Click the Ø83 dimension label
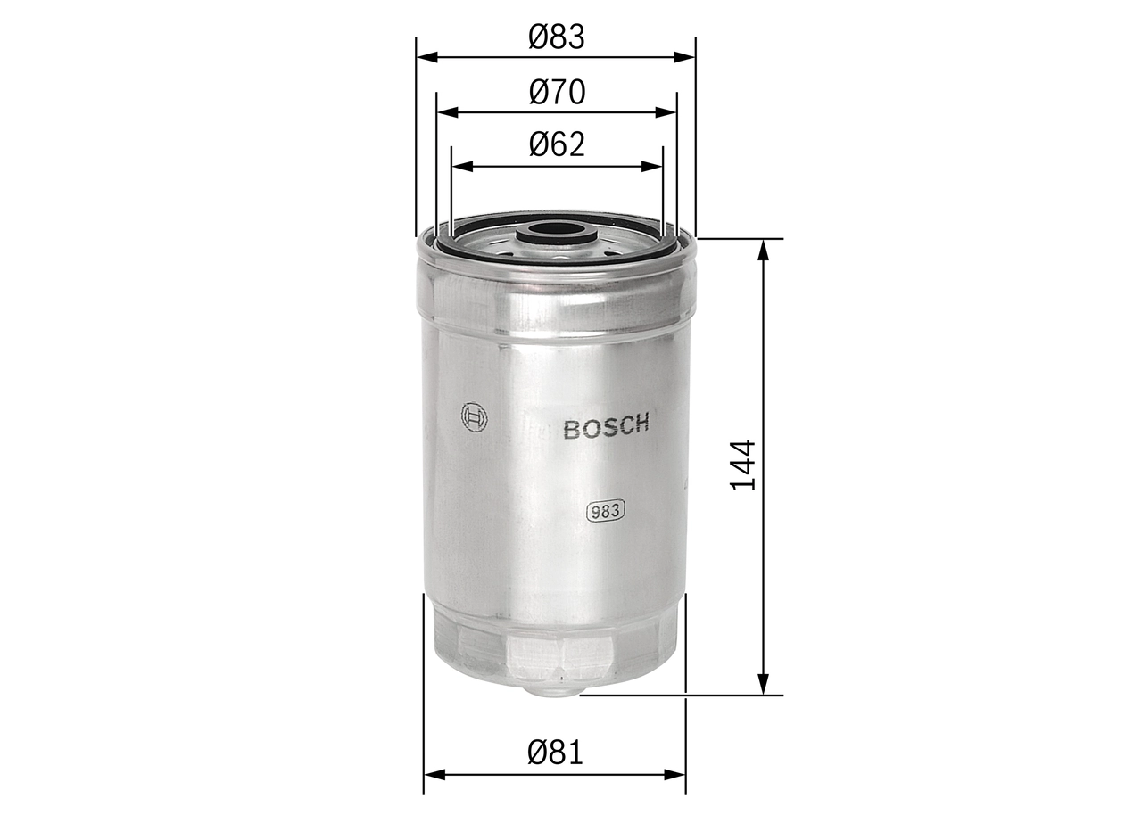556,37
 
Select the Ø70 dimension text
556,92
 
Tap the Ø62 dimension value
556,144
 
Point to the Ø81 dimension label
555,753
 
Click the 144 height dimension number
743,465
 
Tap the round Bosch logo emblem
474,417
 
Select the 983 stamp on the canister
606,511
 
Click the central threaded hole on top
557,230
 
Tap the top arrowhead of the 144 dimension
763,249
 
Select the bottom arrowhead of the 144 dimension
763,685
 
